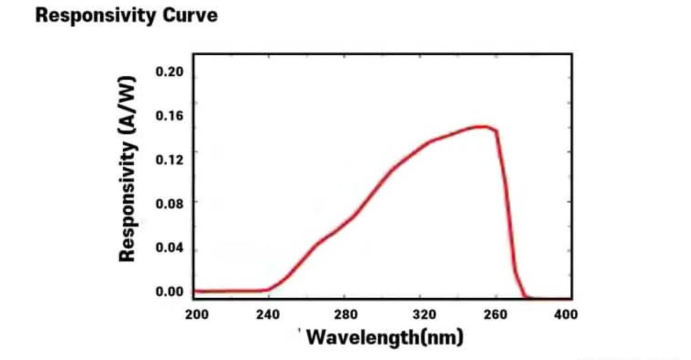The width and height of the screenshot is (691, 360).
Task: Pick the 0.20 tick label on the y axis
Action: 169,72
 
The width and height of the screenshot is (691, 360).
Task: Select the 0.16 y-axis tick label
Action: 169,115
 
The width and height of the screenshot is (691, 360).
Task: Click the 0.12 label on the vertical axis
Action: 169,160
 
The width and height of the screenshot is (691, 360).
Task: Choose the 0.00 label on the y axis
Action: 169,291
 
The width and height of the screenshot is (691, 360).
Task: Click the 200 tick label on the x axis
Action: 196,314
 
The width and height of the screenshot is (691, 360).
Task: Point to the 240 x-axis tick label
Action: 270,314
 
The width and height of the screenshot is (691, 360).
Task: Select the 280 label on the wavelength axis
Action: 345,314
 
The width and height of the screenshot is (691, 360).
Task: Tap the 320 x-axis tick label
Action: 422,314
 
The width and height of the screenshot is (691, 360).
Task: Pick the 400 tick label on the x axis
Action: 566,314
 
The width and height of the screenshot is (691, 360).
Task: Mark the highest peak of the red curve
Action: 481,126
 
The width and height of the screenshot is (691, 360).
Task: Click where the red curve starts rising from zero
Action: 267,290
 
